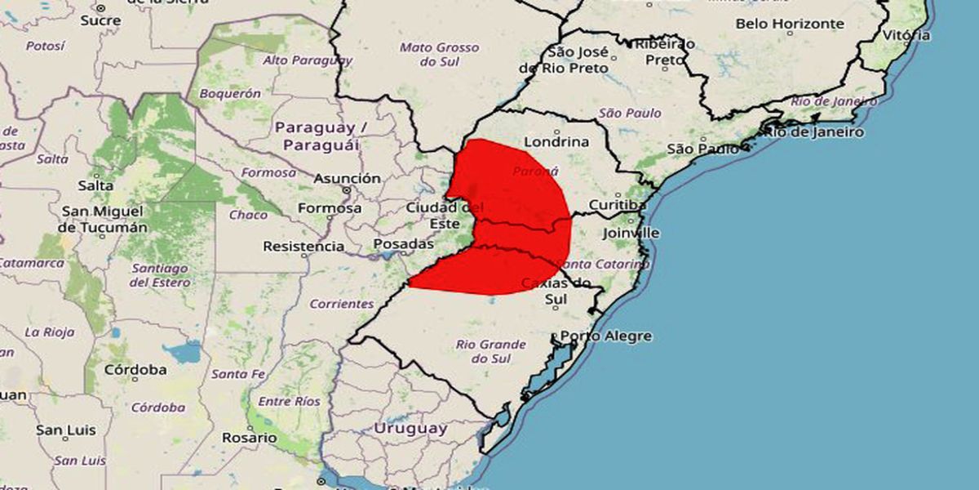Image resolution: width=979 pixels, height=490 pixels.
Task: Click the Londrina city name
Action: (556, 141)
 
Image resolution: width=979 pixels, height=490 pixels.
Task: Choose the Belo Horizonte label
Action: (790, 24)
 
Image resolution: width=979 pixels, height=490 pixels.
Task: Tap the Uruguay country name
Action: (410, 428)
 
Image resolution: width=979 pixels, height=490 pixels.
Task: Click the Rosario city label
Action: (250, 438)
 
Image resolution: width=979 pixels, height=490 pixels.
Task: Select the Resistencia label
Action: (303, 246)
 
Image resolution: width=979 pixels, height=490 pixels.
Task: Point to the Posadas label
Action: (403, 244)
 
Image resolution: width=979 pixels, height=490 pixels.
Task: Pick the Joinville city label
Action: (631, 233)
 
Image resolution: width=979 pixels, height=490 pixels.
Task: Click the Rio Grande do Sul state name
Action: (491, 351)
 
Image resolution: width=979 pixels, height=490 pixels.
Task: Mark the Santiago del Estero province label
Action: (160, 275)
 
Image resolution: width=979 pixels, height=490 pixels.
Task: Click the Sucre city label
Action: (100, 20)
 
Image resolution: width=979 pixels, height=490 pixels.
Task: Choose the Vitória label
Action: (906, 35)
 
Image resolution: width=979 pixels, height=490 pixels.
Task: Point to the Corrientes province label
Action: (341, 304)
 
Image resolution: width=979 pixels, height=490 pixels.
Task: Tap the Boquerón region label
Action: (229, 93)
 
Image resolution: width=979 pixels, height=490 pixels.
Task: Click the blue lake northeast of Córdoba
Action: (184, 352)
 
